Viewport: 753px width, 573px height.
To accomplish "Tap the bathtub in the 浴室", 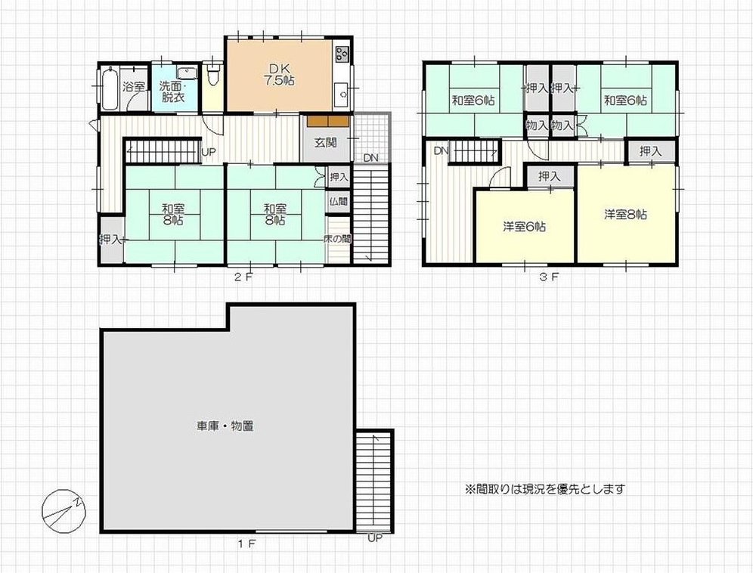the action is click(x=109, y=89).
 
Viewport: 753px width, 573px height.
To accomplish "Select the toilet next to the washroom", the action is click(x=212, y=73).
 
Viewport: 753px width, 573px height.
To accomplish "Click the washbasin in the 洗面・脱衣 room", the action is click(x=187, y=73).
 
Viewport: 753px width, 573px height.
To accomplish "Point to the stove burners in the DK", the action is click(x=342, y=54).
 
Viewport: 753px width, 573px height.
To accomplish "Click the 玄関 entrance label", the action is click(x=326, y=143).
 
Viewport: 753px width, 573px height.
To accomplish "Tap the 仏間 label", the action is click(x=339, y=201).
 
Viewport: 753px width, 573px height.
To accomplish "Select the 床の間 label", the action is click(x=338, y=238).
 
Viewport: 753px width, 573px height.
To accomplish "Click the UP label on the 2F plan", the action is click(x=209, y=153).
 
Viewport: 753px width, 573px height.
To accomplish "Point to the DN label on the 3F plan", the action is click(x=441, y=151).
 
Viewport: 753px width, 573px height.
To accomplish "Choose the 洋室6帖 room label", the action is click(x=525, y=226).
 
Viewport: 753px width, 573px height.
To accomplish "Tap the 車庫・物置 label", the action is click(x=225, y=426).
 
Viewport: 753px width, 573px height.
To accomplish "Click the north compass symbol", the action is click(x=64, y=511).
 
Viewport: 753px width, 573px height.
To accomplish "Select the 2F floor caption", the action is click(x=243, y=277).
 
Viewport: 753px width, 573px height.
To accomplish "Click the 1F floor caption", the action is click(x=246, y=544).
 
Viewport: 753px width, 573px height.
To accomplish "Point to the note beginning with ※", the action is click(x=544, y=489).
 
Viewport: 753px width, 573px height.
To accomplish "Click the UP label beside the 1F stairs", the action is click(x=375, y=538).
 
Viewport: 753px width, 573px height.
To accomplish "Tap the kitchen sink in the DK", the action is click(x=342, y=94).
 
